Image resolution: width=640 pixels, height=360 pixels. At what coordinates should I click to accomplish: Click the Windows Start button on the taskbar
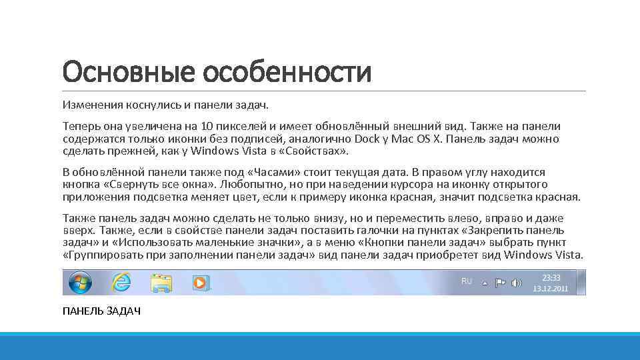pyautogui.click(x=79, y=283)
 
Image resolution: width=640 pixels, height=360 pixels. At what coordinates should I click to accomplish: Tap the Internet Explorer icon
pyautogui.click(x=121, y=283)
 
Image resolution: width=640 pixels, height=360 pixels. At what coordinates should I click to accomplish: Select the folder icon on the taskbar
pyautogui.click(x=161, y=283)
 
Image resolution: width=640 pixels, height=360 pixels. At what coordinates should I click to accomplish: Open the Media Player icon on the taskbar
pyautogui.click(x=200, y=283)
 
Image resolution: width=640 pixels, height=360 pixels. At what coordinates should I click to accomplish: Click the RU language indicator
pyautogui.click(x=467, y=281)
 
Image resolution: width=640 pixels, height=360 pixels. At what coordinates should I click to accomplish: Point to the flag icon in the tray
pyautogui.click(x=500, y=283)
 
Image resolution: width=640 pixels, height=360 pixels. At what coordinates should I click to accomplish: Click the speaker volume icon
pyautogui.click(x=516, y=283)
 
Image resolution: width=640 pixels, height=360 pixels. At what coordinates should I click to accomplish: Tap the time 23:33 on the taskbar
pyautogui.click(x=551, y=277)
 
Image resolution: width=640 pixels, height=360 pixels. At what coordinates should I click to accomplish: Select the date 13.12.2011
pyautogui.click(x=551, y=289)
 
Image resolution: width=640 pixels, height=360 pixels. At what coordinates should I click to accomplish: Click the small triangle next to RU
pyautogui.click(x=485, y=283)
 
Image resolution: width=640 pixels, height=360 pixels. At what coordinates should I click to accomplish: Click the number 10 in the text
pyautogui.click(x=207, y=126)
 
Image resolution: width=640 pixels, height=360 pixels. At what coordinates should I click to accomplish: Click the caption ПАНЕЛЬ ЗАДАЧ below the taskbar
pyautogui.click(x=101, y=312)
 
